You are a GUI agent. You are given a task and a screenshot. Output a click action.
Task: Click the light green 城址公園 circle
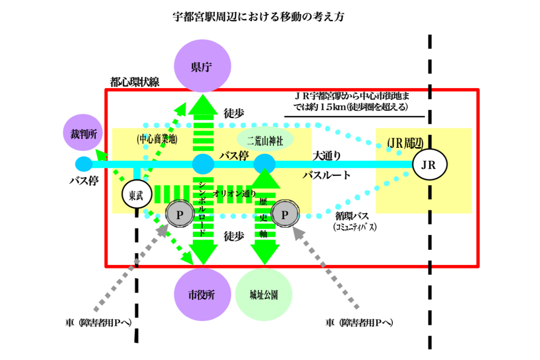click(x=264, y=295)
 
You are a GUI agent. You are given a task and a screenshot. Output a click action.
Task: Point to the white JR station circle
click(x=430, y=165)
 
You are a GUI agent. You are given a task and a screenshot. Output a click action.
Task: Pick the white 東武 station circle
click(x=137, y=195)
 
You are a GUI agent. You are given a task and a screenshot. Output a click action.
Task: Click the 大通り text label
click(x=327, y=156)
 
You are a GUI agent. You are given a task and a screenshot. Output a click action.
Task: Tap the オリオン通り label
click(x=234, y=194)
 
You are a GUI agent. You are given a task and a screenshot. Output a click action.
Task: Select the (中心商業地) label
click(x=157, y=139)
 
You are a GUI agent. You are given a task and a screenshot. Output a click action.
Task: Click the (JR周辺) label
click(x=405, y=143)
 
